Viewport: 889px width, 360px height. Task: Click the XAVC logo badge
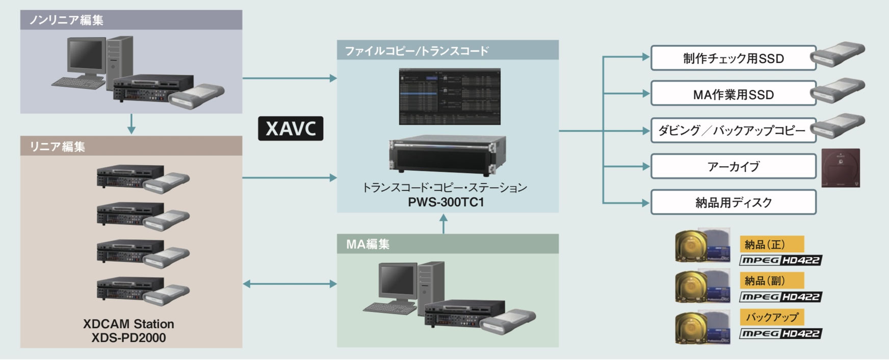click(x=291, y=128)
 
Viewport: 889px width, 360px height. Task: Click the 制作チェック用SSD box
click(x=733, y=59)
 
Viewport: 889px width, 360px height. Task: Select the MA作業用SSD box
click(x=733, y=95)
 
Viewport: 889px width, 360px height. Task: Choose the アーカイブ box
click(x=733, y=167)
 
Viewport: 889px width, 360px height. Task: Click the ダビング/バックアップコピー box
click(x=732, y=131)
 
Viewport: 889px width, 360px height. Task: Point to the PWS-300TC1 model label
click(x=446, y=202)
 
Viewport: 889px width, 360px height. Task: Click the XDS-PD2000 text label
click(x=128, y=338)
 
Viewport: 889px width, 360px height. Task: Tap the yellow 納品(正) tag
click(x=771, y=244)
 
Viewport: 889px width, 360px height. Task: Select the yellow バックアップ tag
click(x=771, y=317)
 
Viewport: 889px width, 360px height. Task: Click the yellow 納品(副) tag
click(x=771, y=281)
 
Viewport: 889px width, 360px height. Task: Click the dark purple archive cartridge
click(x=841, y=168)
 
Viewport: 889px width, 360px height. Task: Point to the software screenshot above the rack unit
click(x=450, y=96)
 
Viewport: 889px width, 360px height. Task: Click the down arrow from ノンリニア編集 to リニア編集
click(x=132, y=124)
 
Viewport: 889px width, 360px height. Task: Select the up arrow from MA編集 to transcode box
click(x=443, y=223)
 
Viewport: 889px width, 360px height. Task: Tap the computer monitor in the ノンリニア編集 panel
click(x=87, y=57)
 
